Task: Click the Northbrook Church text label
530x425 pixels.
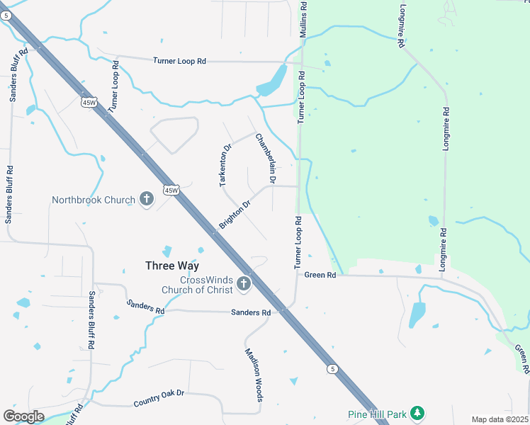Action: click(93, 200)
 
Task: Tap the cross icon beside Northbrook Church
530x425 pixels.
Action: click(147, 199)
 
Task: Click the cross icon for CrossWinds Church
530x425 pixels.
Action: click(244, 284)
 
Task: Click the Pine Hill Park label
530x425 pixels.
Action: click(377, 414)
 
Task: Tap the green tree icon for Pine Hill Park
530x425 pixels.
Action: click(417, 413)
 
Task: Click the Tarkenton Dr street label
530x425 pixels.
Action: click(225, 166)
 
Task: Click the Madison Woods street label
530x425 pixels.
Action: click(254, 375)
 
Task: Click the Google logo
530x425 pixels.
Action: click(23, 416)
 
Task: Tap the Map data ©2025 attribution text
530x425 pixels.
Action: click(500, 419)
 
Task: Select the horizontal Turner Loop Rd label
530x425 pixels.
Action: click(179, 62)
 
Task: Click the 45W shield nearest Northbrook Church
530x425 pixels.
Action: click(171, 190)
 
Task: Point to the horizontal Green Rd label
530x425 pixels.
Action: click(320, 276)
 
